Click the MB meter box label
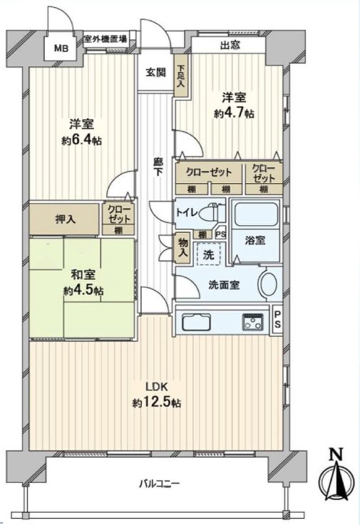pos(61,48)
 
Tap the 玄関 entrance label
pos(155,73)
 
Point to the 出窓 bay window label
pos(230,45)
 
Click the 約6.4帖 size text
pos(81,141)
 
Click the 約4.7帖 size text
pos(234,113)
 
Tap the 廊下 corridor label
pos(158,167)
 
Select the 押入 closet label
pos(66,219)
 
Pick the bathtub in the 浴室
pos(257,214)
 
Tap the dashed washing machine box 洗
pos(209,254)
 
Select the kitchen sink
pos(196,323)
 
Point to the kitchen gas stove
pos(253,322)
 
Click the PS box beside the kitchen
pos(277,319)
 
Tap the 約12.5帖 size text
pos(157,402)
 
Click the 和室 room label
pos(83,275)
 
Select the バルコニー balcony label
pos(160,484)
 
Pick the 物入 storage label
pos(183,248)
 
